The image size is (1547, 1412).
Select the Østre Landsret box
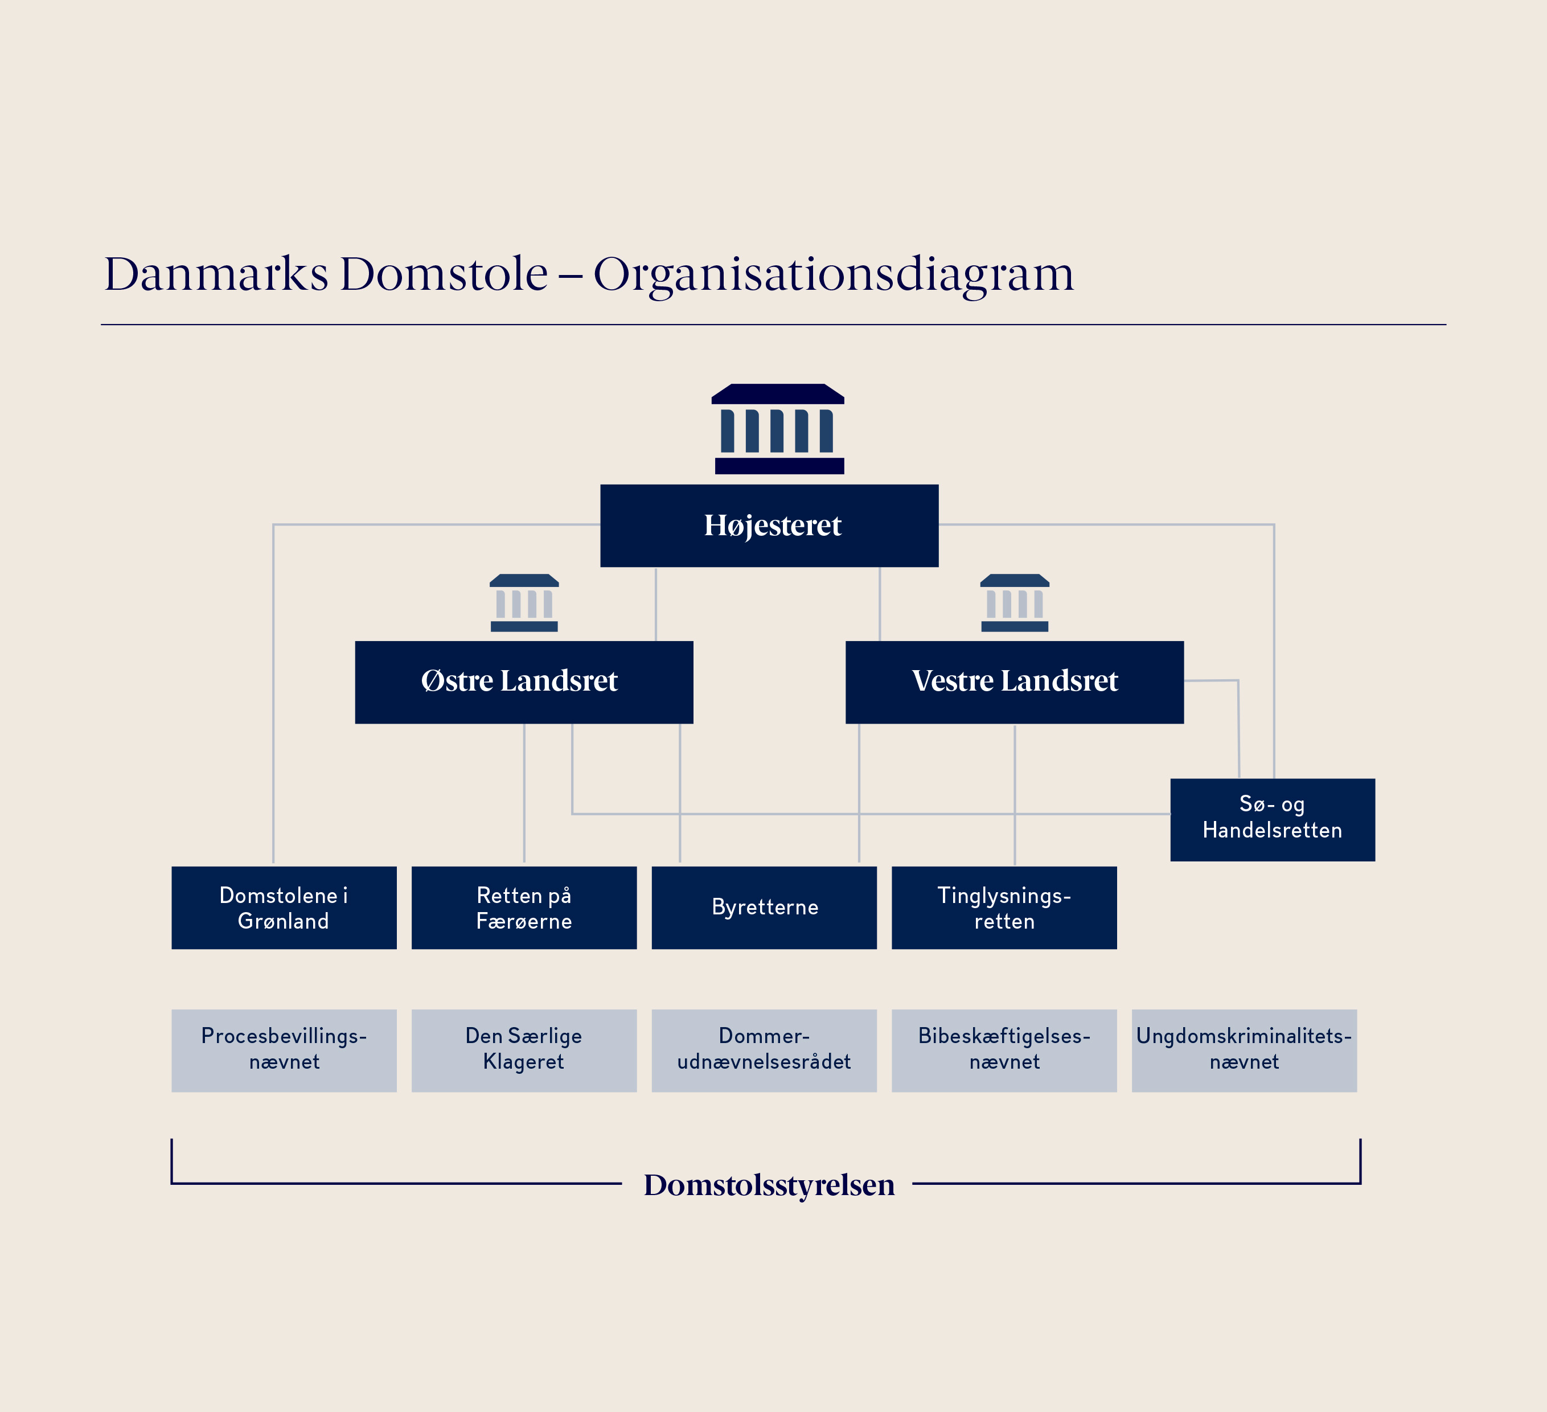click(x=524, y=682)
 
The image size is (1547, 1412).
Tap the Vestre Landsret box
click(x=1015, y=682)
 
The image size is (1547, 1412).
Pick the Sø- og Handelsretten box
click(x=1273, y=819)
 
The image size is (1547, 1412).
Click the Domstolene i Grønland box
click(x=284, y=907)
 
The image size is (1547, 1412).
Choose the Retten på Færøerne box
click(x=524, y=907)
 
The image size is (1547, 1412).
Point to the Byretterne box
click(x=764, y=907)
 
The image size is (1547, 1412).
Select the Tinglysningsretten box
click(x=1004, y=907)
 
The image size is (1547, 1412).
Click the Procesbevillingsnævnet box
click(x=284, y=1050)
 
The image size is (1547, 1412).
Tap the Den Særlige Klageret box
click(x=524, y=1050)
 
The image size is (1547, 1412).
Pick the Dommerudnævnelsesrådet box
click(x=764, y=1050)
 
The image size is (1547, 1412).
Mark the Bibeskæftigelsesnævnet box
click(x=1004, y=1050)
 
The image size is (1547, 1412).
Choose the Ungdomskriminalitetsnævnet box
click(x=1244, y=1050)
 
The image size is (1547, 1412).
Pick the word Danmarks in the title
click(x=216, y=273)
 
